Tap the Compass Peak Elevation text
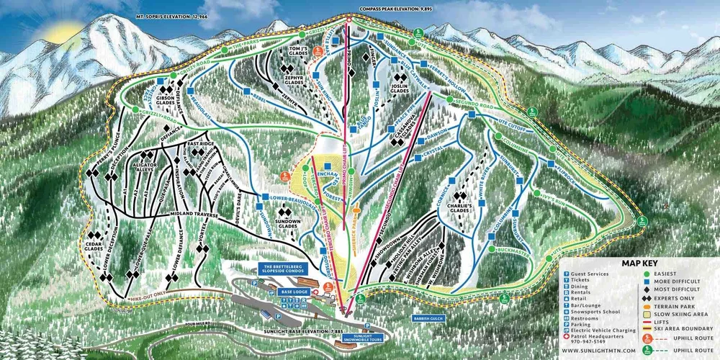pyautogui.click(x=398, y=10)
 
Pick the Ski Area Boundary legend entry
pyautogui.click(x=672, y=321)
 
